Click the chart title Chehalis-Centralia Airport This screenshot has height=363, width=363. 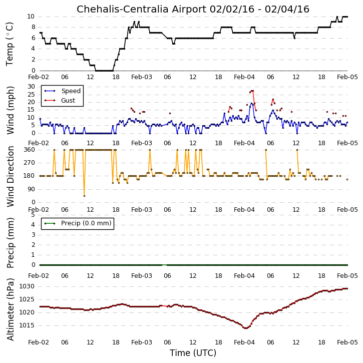click(x=142, y=9)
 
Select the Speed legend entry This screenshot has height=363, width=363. click(x=63, y=91)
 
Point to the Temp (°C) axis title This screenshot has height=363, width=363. click(x=10, y=44)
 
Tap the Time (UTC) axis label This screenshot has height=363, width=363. click(x=193, y=353)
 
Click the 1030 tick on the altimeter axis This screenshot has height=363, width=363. click(x=27, y=286)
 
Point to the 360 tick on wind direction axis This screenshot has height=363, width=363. click(x=30, y=150)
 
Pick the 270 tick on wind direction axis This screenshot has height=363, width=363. click(x=30, y=163)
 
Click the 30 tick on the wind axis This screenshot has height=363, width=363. click(x=31, y=87)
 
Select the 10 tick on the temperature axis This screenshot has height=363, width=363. click(x=31, y=17)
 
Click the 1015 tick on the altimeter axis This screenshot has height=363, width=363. click(x=27, y=325)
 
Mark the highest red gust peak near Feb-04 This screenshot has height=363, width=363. click(x=252, y=91)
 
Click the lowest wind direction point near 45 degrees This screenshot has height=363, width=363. click(x=84, y=196)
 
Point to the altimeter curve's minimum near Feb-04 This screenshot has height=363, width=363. click(x=246, y=328)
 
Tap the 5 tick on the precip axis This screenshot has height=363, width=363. click(x=33, y=215)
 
